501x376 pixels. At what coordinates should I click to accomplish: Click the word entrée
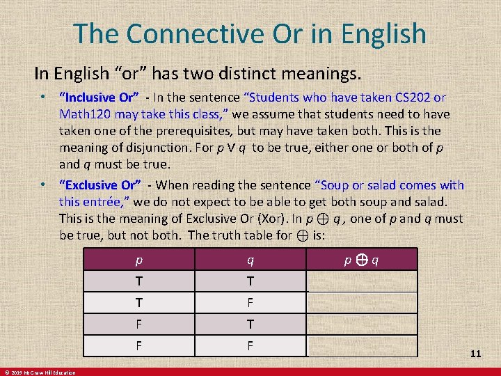[x=106, y=202]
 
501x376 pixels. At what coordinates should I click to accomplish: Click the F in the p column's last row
[x=139, y=345]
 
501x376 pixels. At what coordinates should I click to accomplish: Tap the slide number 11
[x=475, y=354]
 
